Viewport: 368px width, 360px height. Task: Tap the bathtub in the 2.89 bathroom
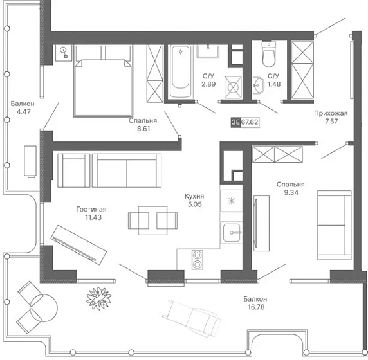click(x=180, y=71)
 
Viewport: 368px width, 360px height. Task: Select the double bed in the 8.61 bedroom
click(x=104, y=80)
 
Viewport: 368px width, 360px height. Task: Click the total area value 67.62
click(x=250, y=122)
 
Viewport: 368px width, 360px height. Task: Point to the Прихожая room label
click(x=331, y=113)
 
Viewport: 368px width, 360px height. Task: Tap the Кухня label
click(x=194, y=196)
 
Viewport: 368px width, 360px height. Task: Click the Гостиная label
click(x=91, y=209)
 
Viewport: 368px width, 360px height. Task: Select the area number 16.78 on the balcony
click(x=256, y=307)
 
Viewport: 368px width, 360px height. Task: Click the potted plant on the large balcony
click(x=98, y=298)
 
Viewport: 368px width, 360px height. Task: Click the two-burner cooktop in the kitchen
click(x=197, y=260)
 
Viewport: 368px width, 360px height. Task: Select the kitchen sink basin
click(x=232, y=233)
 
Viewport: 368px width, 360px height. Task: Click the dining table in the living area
click(x=152, y=221)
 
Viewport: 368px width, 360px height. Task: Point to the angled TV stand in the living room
click(x=78, y=245)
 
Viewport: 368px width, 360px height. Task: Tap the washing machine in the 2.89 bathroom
click(x=233, y=87)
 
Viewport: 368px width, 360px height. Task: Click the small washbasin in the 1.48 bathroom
click(x=258, y=85)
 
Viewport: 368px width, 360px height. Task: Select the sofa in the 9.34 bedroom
click(x=335, y=225)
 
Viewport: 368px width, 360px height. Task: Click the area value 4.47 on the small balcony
click(x=23, y=112)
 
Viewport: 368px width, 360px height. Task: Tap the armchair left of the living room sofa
click(x=74, y=170)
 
